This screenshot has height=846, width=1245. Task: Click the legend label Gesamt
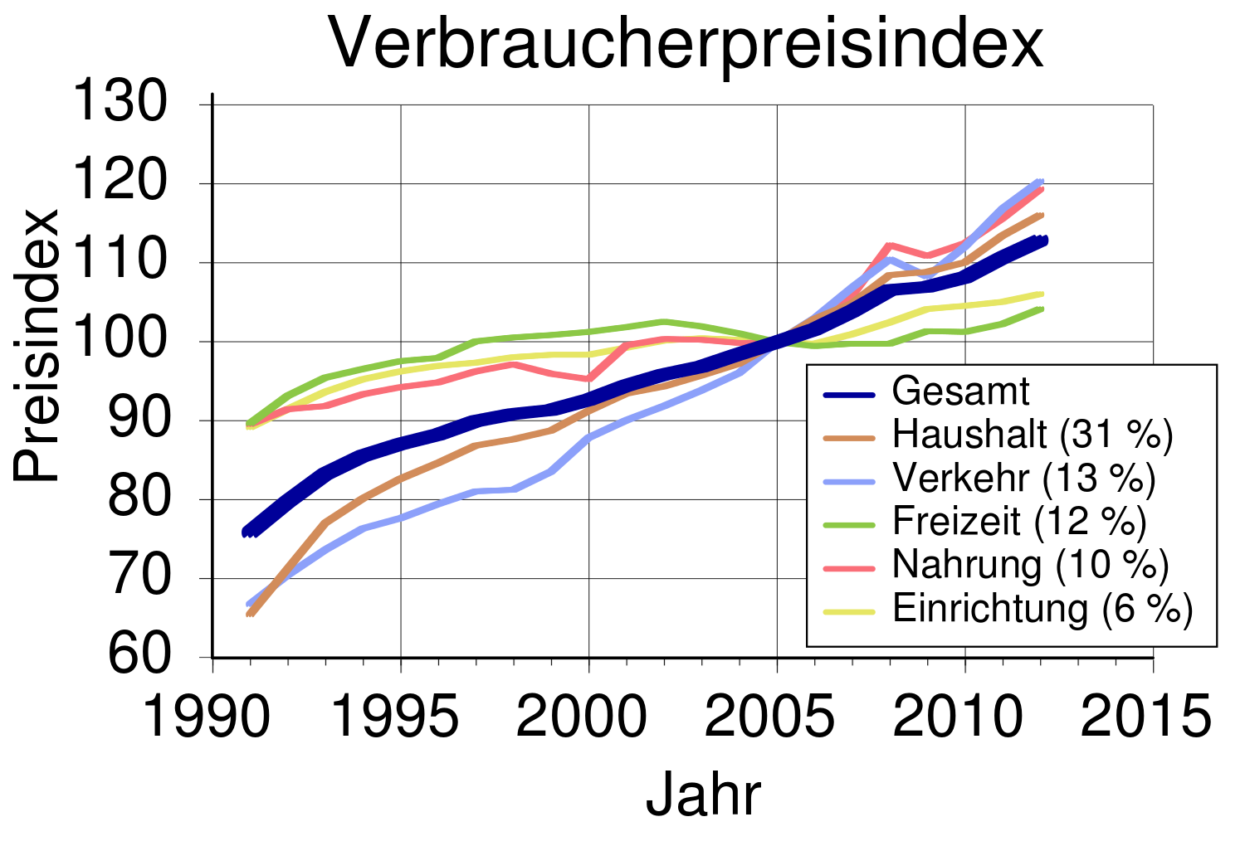[960, 391]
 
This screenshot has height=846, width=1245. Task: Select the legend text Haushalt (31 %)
[1033, 435]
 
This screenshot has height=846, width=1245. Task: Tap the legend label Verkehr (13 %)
[1023, 478]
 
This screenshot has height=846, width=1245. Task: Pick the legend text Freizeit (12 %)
[1019, 521]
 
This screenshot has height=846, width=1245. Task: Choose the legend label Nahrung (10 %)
[1030, 565]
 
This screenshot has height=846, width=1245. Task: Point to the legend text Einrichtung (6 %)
[1042, 609]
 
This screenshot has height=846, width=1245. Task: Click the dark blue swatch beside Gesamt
[849, 395]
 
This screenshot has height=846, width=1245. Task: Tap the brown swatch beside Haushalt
[849, 438]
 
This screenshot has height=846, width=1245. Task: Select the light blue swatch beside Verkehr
[849, 482]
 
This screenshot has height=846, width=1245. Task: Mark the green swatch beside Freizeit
[849, 525]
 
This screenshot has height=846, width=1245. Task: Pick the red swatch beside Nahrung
[849, 568]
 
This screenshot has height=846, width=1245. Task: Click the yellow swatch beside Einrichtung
[849, 612]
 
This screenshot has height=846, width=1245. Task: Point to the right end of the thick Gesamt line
[1044, 241]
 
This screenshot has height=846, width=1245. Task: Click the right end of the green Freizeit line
[1042, 309]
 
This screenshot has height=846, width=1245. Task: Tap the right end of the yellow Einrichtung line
[1042, 294]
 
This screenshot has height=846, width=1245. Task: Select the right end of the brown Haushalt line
[1042, 215]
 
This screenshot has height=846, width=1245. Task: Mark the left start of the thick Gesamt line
[247, 532]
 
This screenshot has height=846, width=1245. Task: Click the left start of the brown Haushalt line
[249, 615]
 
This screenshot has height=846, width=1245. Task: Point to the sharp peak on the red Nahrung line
[889, 245]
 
